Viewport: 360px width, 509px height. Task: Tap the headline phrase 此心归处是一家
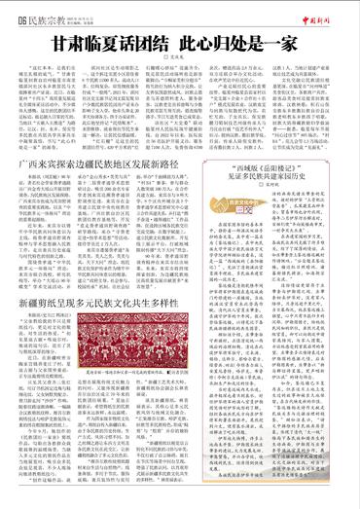pyautogui.click(x=230, y=45)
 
